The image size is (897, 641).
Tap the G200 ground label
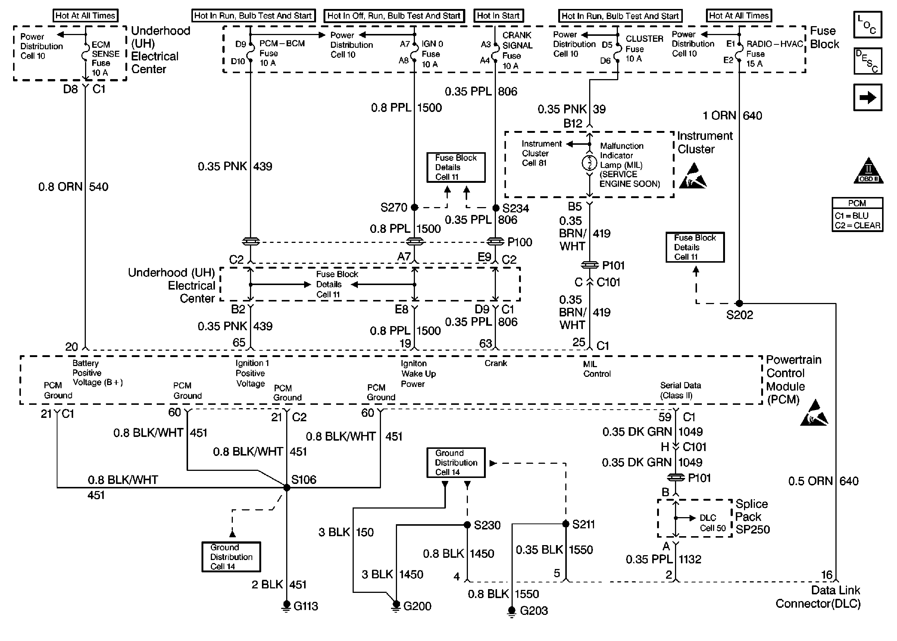click(417, 606)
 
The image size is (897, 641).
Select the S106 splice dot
click(287, 487)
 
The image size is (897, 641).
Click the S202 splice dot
click(739, 303)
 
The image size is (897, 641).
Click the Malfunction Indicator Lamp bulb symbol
click(589, 163)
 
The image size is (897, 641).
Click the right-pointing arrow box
click(868, 97)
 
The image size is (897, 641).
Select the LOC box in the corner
click(868, 25)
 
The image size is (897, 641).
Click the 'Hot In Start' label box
click(498, 16)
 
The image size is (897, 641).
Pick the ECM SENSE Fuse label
click(105, 59)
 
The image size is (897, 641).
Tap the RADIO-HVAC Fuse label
click(774, 54)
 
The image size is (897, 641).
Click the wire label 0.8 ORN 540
click(74, 187)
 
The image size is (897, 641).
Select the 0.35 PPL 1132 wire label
click(663, 559)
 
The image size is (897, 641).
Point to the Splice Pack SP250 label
click(752, 517)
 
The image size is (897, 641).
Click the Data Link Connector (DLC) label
click(818, 597)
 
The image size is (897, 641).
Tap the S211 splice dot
click(566, 524)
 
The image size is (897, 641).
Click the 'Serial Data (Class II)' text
click(680, 390)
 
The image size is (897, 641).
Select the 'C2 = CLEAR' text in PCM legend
click(857, 226)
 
